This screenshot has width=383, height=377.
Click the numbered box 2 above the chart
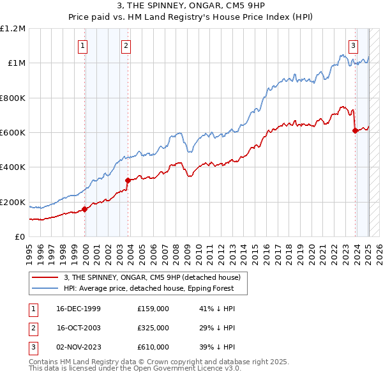[x=126, y=45]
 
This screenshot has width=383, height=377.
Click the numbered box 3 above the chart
[x=353, y=45]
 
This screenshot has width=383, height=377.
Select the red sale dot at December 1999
[x=84, y=209]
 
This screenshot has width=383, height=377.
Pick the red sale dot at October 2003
[x=128, y=180]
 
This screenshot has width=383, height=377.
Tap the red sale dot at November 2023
[x=355, y=130]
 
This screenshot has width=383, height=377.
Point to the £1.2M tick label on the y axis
[x=13, y=29]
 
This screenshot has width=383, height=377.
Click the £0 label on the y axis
[x=20, y=236]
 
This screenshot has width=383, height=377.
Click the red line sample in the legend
[x=45, y=277]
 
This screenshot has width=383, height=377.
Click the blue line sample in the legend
[x=45, y=288]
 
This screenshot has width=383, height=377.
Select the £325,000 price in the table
[x=153, y=328]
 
